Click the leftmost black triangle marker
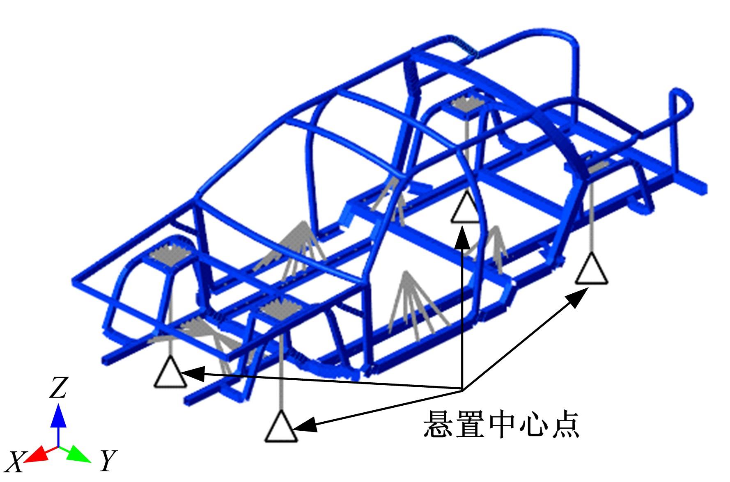pyautogui.click(x=170, y=373)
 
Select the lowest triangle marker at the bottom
pyautogui.click(x=281, y=428)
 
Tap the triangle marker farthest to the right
pyautogui.click(x=591, y=270)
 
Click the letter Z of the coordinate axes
pyautogui.click(x=58, y=388)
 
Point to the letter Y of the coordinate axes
pyautogui.click(x=108, y=460)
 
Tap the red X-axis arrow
pyautogui.click(x=36, y=454)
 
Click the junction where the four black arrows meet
pyautogui.click(x=463, y=390)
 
